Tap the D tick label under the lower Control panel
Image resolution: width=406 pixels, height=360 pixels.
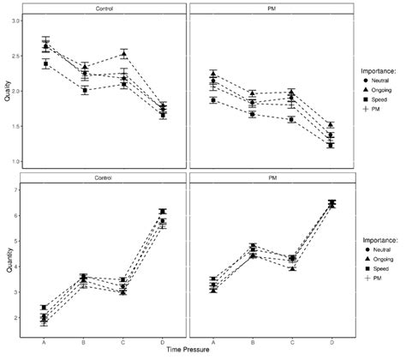163,341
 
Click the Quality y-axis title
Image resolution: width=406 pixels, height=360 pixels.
6,91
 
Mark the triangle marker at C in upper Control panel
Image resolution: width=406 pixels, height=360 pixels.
123,54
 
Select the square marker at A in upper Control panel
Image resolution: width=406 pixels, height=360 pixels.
45,64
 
